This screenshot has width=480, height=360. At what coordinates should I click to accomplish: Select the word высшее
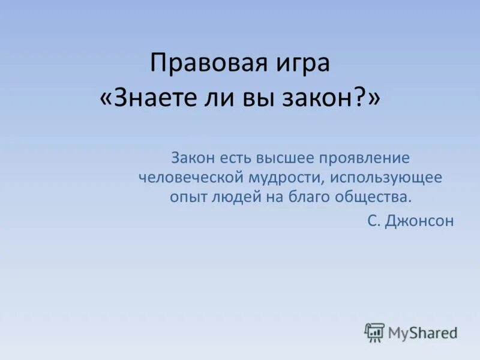(x=287, y=158)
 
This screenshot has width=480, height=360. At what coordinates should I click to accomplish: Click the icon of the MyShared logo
(x=374, y=332)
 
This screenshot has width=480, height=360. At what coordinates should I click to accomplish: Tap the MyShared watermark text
(x=422, y=332)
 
